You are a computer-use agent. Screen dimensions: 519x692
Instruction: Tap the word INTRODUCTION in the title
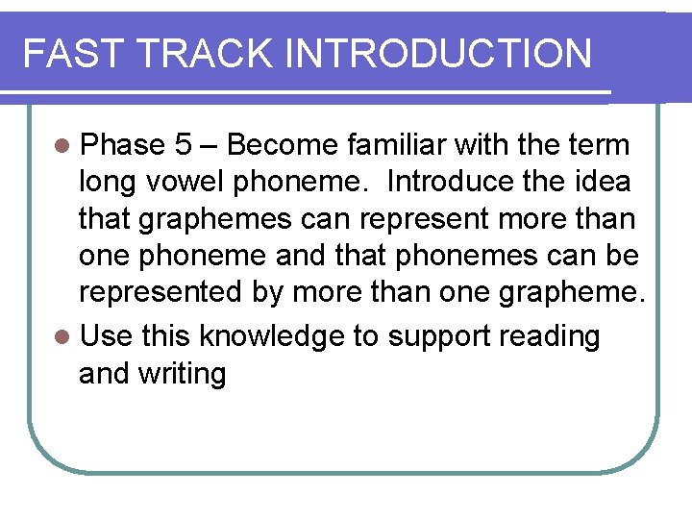pyautogui.click(x=439, y=54)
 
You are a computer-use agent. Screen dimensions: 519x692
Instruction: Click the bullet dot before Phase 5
pyautogui.click(x=62, y=146)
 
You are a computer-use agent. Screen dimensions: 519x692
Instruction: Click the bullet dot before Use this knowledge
pyautogui.click(x=62, y=336)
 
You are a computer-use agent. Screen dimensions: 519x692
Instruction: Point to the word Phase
pyautogui.click(x=123, y=145)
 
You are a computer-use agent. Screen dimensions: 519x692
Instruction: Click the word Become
pyautogui.click(x=283, y=145)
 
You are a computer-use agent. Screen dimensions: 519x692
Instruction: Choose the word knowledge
pyautogui.click(x=258, y=336)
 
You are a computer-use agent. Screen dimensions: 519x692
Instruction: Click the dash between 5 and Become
pyautogui.click(x=210, y=146)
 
